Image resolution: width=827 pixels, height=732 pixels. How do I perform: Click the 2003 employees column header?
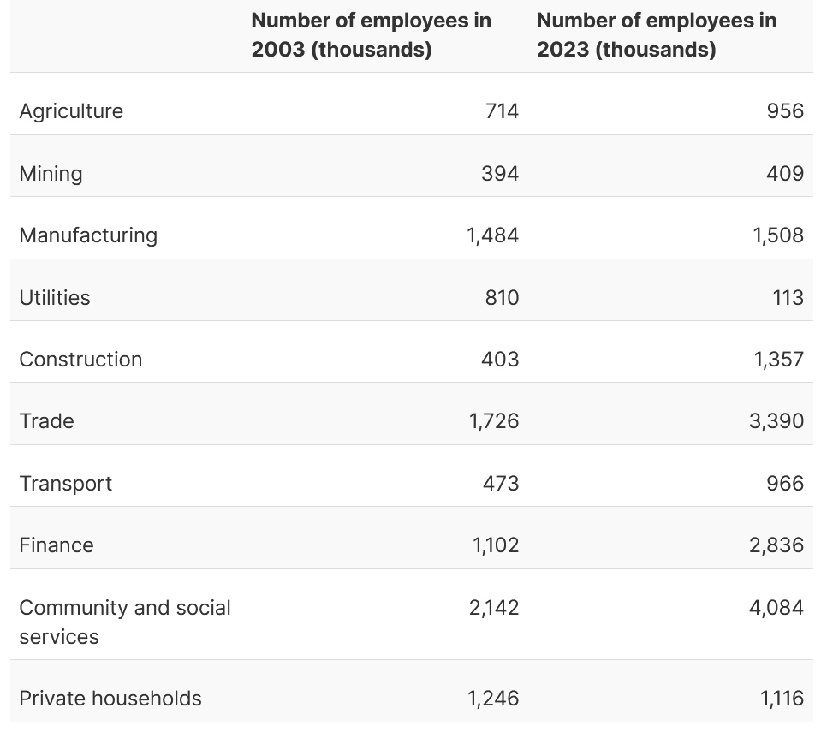coord(371,35)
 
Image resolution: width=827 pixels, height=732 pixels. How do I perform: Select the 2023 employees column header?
coord(656,35)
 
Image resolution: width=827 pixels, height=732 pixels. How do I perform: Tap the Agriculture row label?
coord(71,111)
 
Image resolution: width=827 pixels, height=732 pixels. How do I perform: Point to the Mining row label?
coord(51,174)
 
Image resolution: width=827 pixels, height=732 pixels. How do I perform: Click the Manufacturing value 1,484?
coord(492,235)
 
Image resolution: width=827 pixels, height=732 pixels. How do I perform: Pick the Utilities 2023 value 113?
coord(787,297)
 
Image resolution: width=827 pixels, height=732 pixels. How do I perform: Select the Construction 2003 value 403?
coord(500,359)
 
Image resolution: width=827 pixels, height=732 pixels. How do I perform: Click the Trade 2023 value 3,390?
coord(776,421)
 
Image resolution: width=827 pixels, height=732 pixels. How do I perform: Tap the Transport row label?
coord(66,484)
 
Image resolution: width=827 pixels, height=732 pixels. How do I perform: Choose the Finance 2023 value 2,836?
coord(776,545)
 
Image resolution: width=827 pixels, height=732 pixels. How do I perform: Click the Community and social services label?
coord(124,622)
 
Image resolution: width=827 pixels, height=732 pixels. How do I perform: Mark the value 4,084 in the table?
coord(776,608)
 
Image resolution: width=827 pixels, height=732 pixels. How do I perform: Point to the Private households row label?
coord(110,699)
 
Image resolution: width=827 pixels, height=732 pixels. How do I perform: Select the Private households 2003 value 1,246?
coord(493,699)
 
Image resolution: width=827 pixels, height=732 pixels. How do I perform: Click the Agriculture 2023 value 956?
coord(785,111)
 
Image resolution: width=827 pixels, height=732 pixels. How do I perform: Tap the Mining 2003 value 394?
coord(500,174)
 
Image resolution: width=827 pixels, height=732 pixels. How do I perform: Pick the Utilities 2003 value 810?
coord(501,297)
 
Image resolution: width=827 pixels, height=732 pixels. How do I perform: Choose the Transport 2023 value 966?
coord(785,484)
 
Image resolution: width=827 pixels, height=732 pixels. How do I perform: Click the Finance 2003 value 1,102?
coord(496,545)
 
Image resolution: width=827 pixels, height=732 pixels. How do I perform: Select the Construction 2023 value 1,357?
coord(778,359)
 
